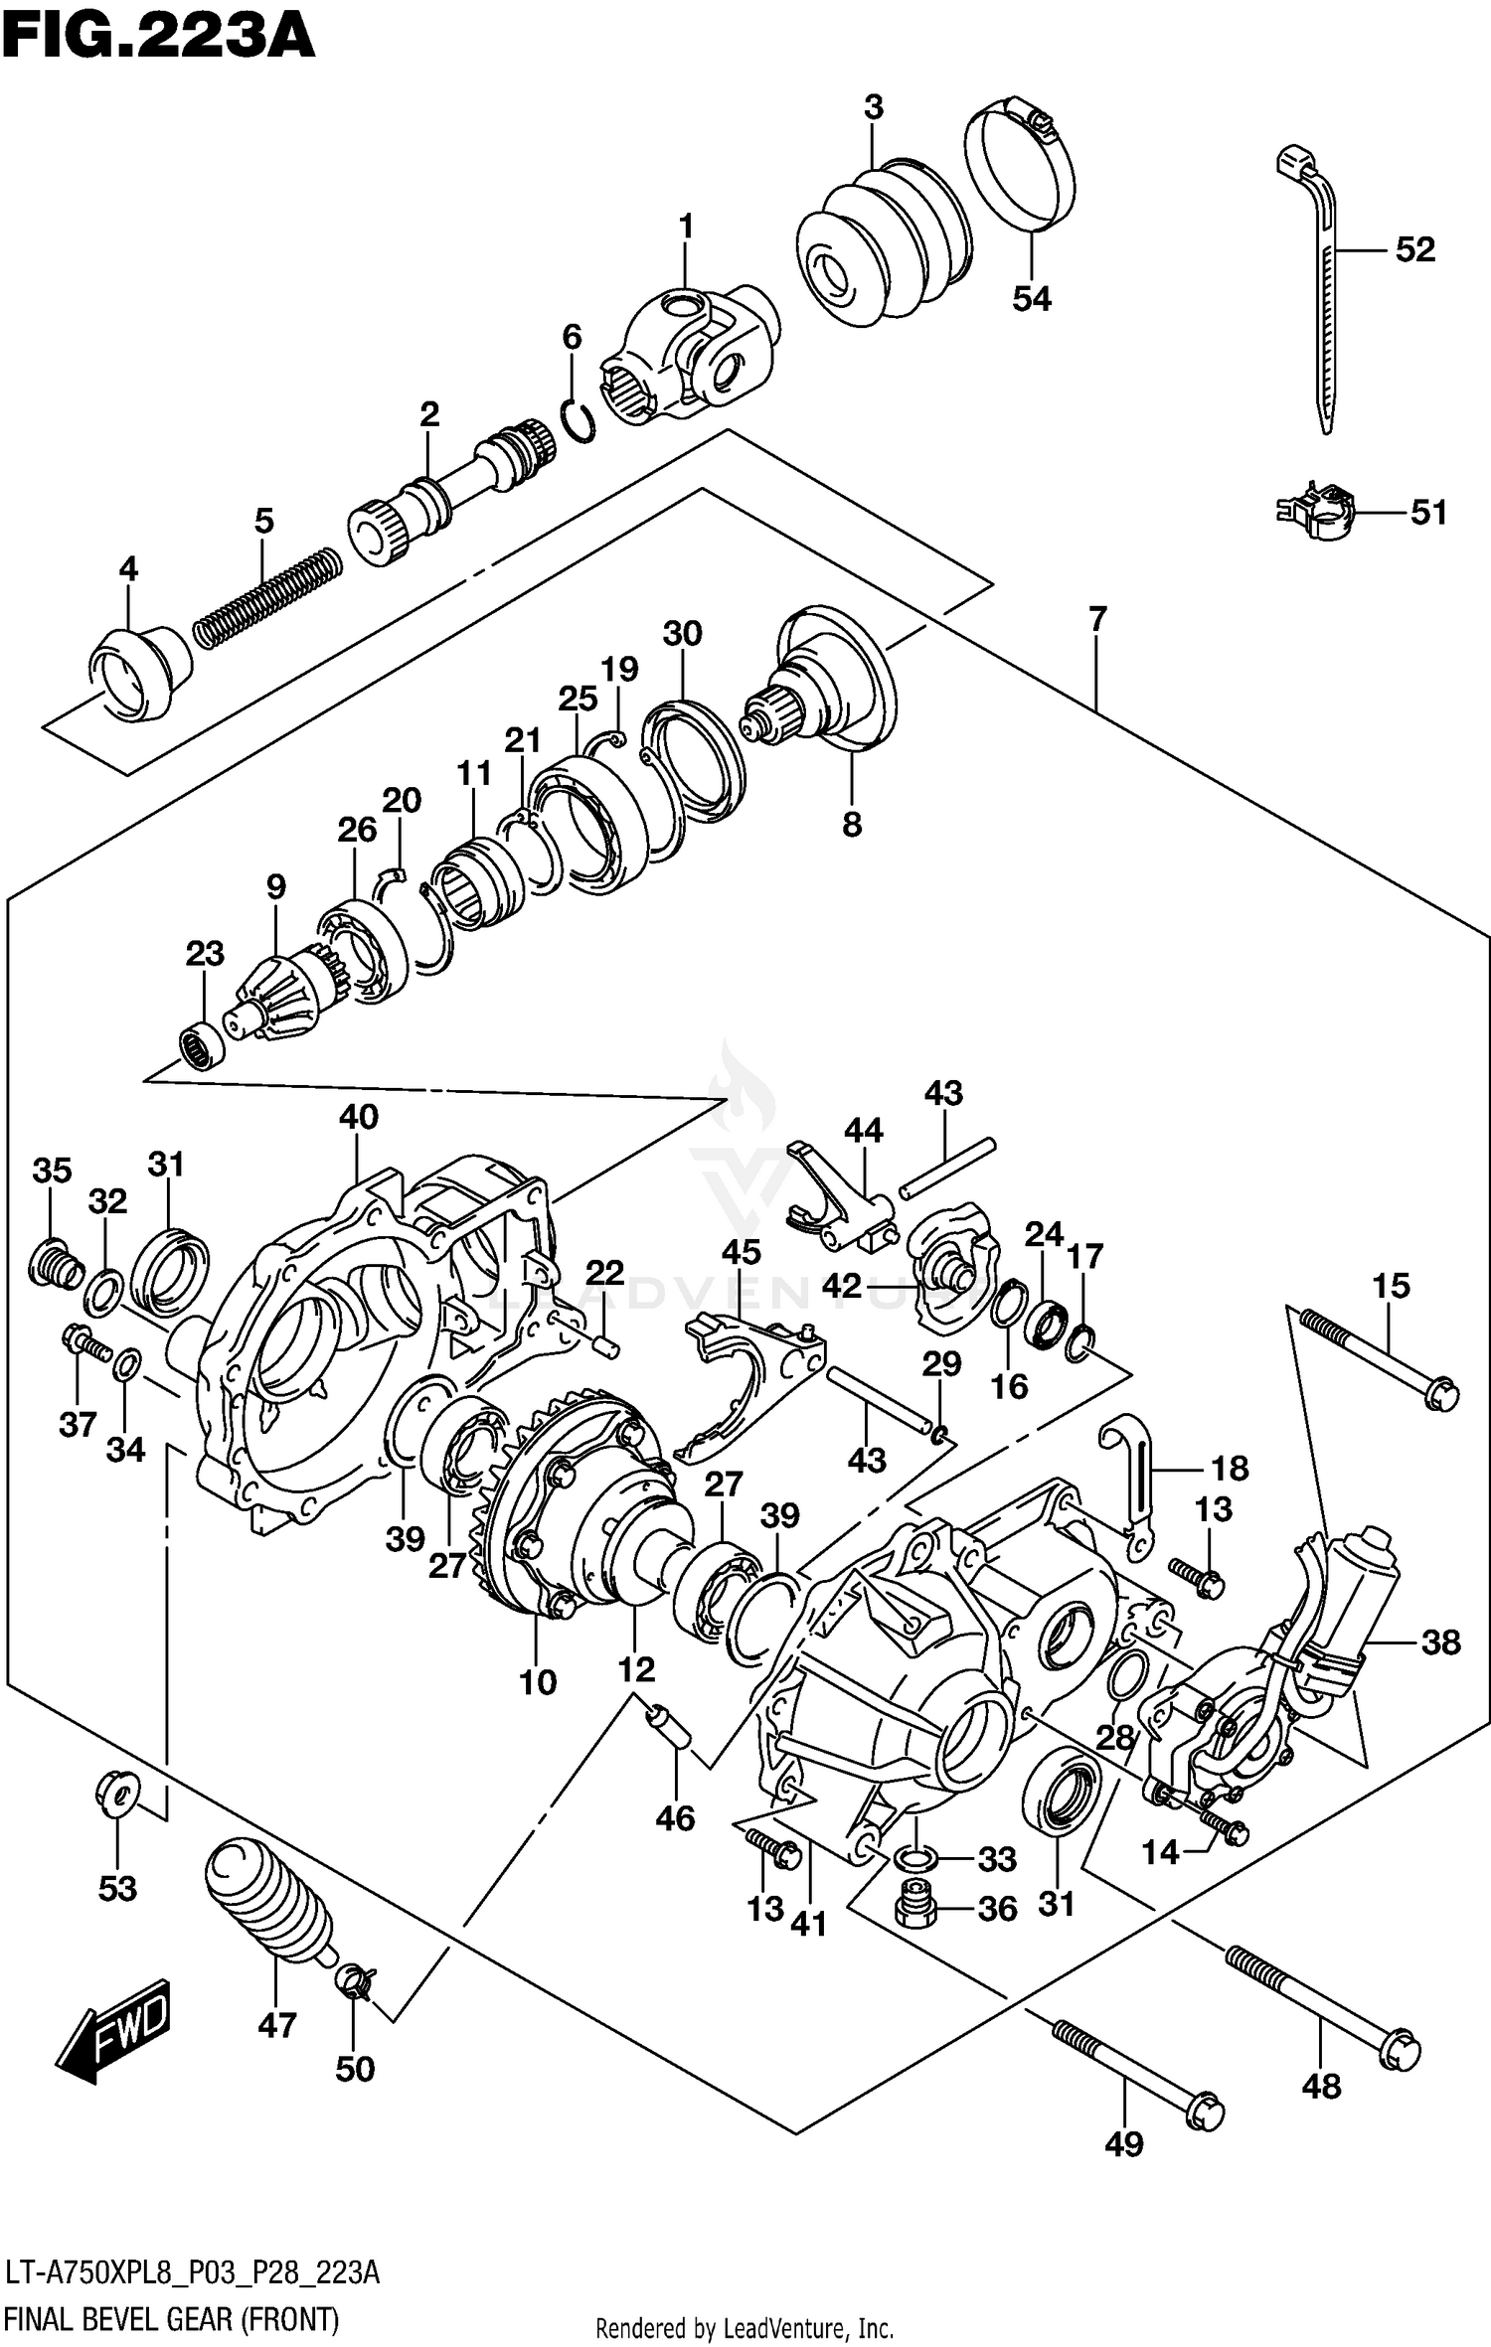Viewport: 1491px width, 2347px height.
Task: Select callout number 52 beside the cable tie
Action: click(x=1414, y=249)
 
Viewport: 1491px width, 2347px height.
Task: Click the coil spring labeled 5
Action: click(x=266, y=597)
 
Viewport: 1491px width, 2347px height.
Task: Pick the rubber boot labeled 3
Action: click(x=881, y=240)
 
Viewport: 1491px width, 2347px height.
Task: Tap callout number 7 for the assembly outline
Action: click(x=1096, y=620)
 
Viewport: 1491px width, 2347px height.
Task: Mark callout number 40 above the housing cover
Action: click(x=358, y=1117)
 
